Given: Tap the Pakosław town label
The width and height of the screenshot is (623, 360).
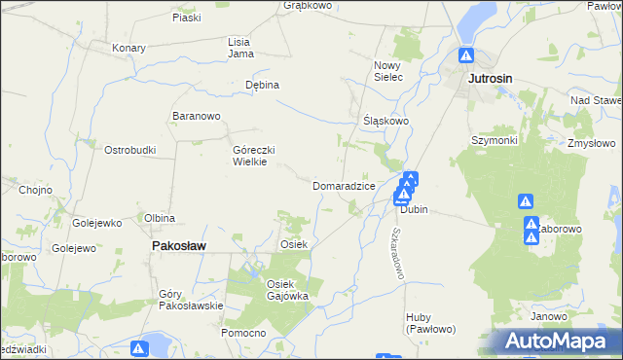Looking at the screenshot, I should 179,247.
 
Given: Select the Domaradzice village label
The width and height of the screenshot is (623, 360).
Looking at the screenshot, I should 344,185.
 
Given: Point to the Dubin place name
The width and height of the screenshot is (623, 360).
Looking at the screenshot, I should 414,209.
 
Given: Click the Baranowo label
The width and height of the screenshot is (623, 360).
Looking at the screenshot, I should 197,117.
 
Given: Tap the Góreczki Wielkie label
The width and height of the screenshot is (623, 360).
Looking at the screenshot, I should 256,156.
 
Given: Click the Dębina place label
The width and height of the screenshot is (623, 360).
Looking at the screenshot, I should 262,85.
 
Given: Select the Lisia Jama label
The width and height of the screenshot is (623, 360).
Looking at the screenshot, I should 240,48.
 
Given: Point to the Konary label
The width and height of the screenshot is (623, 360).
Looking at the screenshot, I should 128,48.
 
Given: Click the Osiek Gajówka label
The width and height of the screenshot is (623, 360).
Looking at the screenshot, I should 287,290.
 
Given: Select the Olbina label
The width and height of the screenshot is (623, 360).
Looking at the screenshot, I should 160,218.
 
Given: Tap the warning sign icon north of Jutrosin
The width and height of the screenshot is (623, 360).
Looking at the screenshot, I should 467,56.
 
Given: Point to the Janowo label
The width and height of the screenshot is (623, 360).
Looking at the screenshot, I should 549,317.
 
